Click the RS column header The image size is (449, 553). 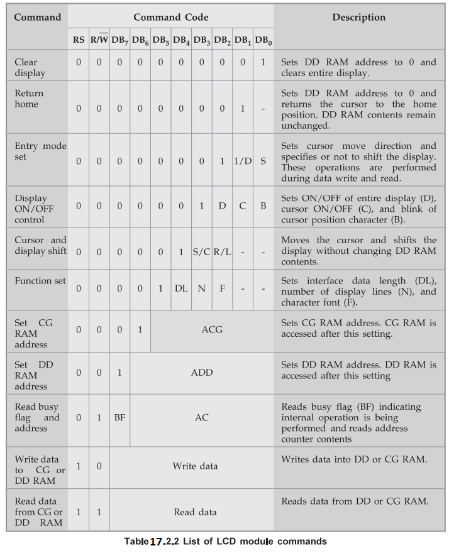coord(79,40)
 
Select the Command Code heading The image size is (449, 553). coord(170,17)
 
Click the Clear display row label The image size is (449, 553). coord(30,67)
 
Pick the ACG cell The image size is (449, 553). coord(212,329)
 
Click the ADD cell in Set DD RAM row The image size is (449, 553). coord(201,372)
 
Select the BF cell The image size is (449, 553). coord(119,417)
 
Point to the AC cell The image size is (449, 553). coord(201,417)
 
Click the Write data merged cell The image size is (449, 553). coord(195,466)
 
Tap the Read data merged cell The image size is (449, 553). coord(195,512)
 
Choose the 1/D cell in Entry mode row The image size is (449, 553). coord(243,161)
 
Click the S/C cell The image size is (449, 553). coord(201,252)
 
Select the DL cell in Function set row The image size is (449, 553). coord(181,288)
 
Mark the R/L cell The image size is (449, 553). coord(222,252)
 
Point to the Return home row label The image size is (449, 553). coord(29,99)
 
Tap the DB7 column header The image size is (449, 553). coord(120,40)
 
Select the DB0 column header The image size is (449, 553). coord(263,40)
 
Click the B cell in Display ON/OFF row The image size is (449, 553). coord(263,205)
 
